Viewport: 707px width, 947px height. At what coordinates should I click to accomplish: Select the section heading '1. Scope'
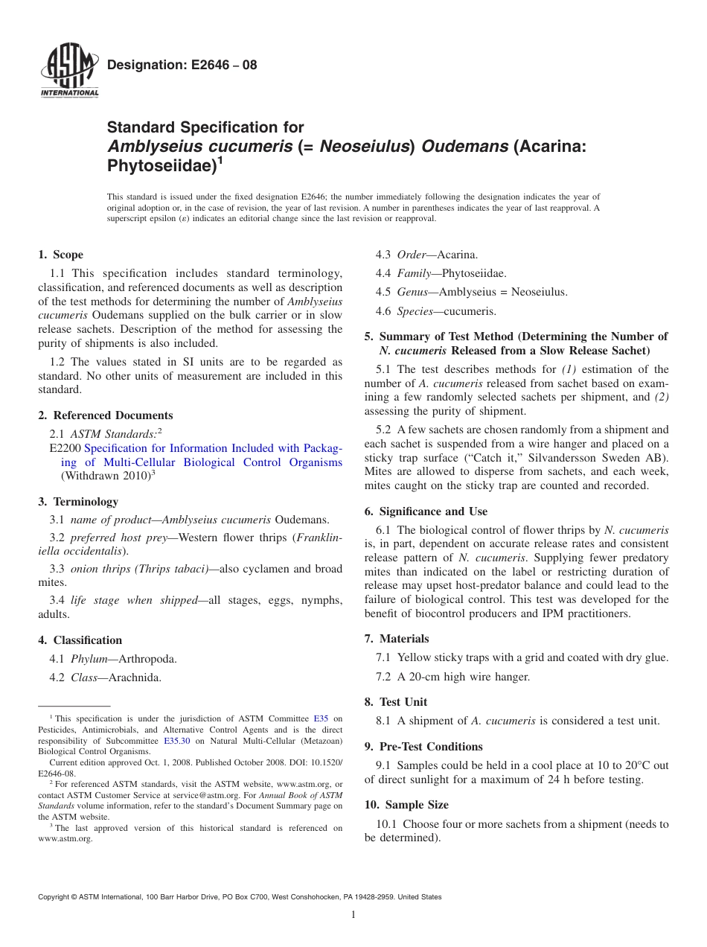(x=60, y=255)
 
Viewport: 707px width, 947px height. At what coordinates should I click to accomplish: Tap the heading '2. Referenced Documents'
(x=105, y=415)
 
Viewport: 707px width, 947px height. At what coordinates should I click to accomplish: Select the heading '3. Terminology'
(x=78, y=502)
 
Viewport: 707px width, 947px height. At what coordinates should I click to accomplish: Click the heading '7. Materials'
(x=397, y=639)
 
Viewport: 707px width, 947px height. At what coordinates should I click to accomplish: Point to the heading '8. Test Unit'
(x=396, y=702)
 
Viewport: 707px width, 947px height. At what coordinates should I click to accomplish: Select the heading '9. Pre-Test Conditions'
(x=423, y=747)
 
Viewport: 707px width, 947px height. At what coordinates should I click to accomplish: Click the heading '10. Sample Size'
(x=406, y=806)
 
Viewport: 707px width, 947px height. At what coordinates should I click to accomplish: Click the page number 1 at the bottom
(x=353, y=915)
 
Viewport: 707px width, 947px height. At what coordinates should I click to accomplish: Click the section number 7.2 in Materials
(x=386, y=677)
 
